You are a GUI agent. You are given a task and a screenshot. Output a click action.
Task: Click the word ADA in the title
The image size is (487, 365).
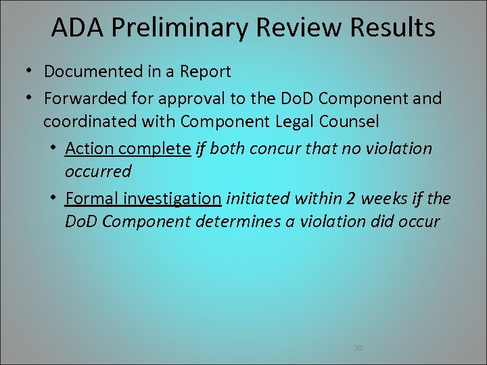[x=74, y=28]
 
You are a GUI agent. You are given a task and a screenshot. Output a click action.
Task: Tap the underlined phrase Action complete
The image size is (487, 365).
[x=128, y=148]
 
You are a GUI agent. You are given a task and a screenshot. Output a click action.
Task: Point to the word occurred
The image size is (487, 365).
[x=98, y=172]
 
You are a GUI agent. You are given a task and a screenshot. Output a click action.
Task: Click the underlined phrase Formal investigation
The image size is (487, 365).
[x=143, y=198]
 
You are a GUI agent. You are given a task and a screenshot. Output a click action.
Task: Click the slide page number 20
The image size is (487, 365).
[x=358, y=348]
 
